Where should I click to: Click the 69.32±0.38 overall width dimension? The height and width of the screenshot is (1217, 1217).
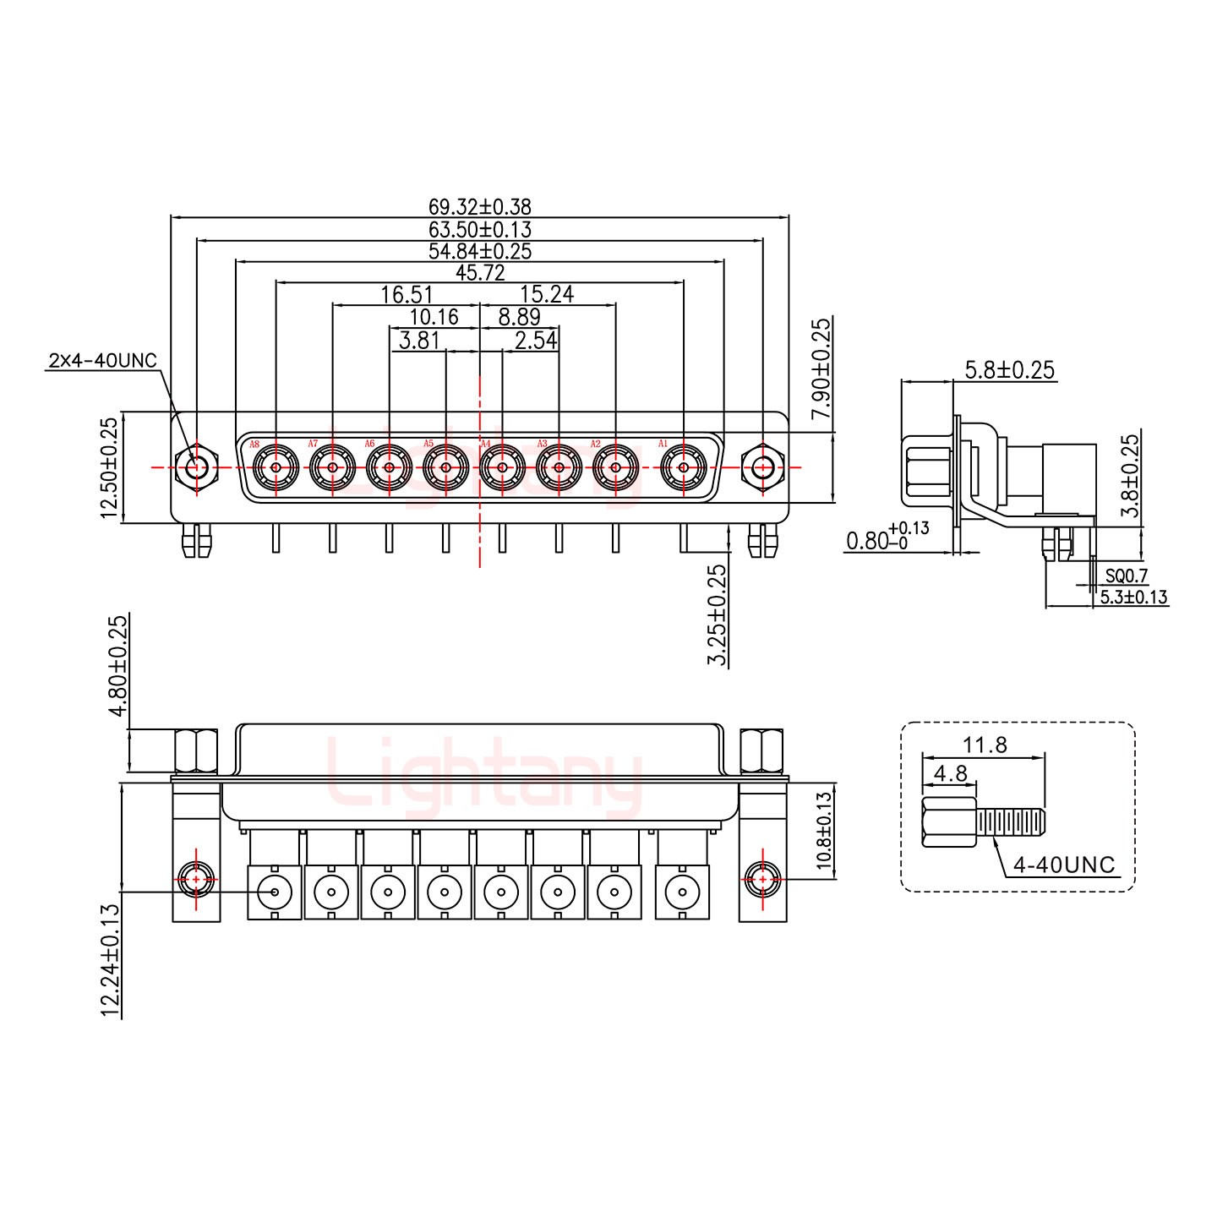point(479,207)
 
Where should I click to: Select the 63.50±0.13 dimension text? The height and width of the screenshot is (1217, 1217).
point(479,229)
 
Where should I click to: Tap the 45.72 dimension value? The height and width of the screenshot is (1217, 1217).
point(479,272)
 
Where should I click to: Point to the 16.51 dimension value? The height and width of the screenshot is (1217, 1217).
point(407,294)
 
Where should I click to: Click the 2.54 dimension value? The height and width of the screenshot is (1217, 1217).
point(535,341)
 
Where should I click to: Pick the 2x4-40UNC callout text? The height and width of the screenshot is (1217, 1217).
point(102,361)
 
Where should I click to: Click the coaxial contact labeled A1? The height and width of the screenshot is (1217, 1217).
point(683,467)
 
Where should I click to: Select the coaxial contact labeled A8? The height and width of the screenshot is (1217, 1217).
point(276,467)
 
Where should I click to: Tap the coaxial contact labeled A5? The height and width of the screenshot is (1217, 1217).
point(445,467)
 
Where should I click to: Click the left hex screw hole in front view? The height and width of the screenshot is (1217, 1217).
point(196,467)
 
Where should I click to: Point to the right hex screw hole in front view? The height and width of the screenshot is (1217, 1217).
point(762,467)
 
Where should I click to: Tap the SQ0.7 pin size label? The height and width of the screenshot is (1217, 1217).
point(1126,576)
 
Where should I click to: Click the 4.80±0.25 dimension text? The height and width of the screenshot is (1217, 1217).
point(118,666)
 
